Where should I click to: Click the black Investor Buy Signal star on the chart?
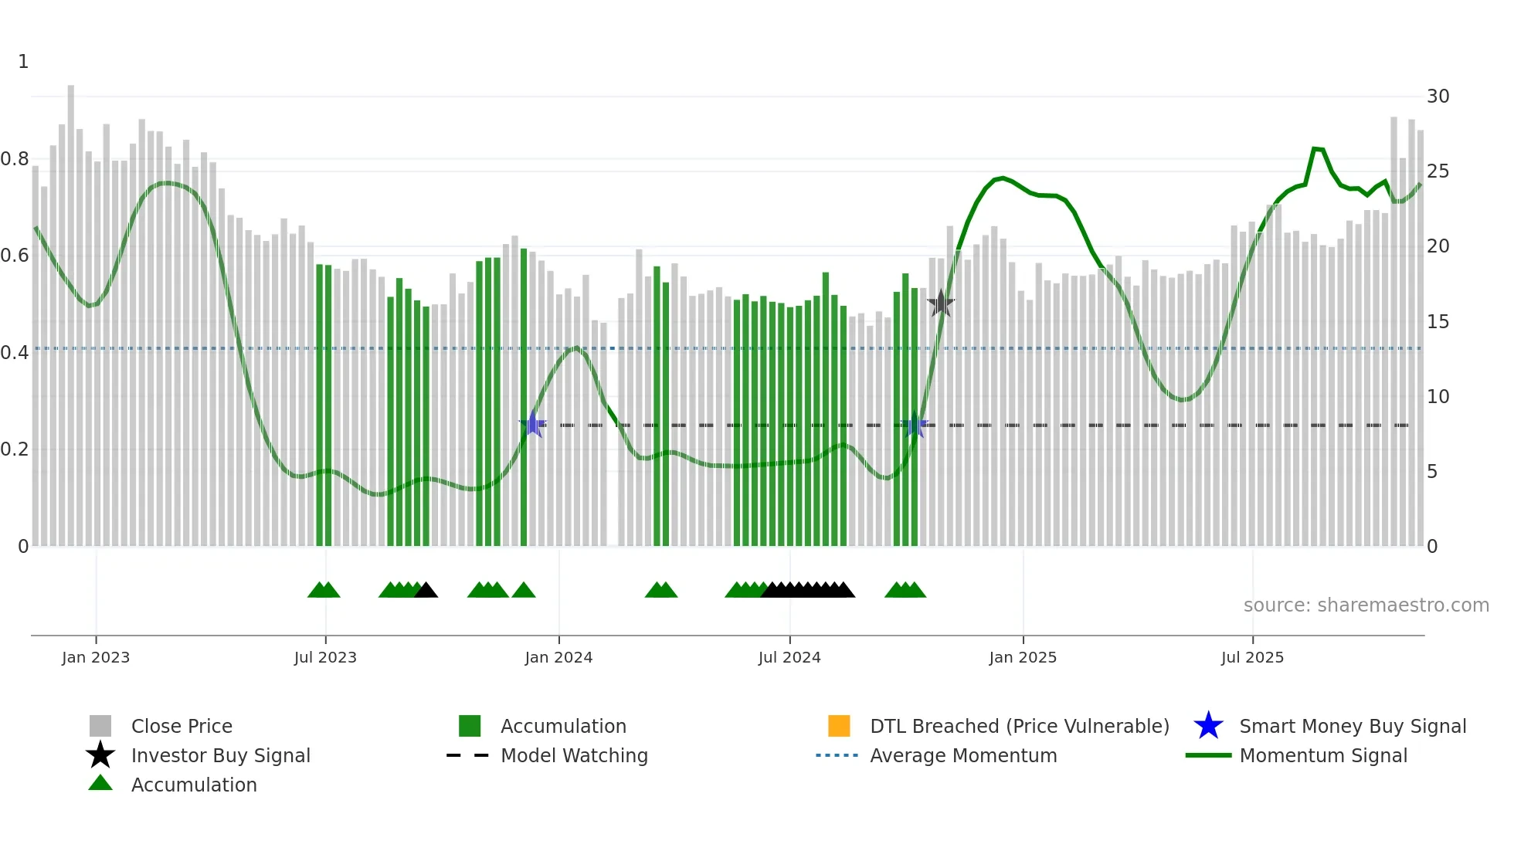click(940, 303)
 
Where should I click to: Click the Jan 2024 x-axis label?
click(558, 657)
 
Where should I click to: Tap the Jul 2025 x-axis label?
click(1252, 657)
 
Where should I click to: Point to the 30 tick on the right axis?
click(1438, 97)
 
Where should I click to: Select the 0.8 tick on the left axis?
click(15, 159)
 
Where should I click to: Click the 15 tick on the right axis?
click(1438, 321)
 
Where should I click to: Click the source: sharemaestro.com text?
click(1366, 605)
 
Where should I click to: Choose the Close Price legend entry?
click(182, 726)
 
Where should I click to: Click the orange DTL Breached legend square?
click(839, 726)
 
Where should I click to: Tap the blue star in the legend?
click(1208, 726)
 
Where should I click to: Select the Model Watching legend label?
click(574, 755)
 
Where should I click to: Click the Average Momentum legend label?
click(963, 755)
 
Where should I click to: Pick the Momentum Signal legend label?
click(1323, 755)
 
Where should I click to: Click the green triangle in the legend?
click(100, 783)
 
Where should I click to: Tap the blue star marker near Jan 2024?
click(532, 424)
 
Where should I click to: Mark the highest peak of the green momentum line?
click(1315, 148)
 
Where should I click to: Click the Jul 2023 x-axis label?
click(325, 657)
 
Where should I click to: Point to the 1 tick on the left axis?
click(23, 62)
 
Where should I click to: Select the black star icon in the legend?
click(100, 755)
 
